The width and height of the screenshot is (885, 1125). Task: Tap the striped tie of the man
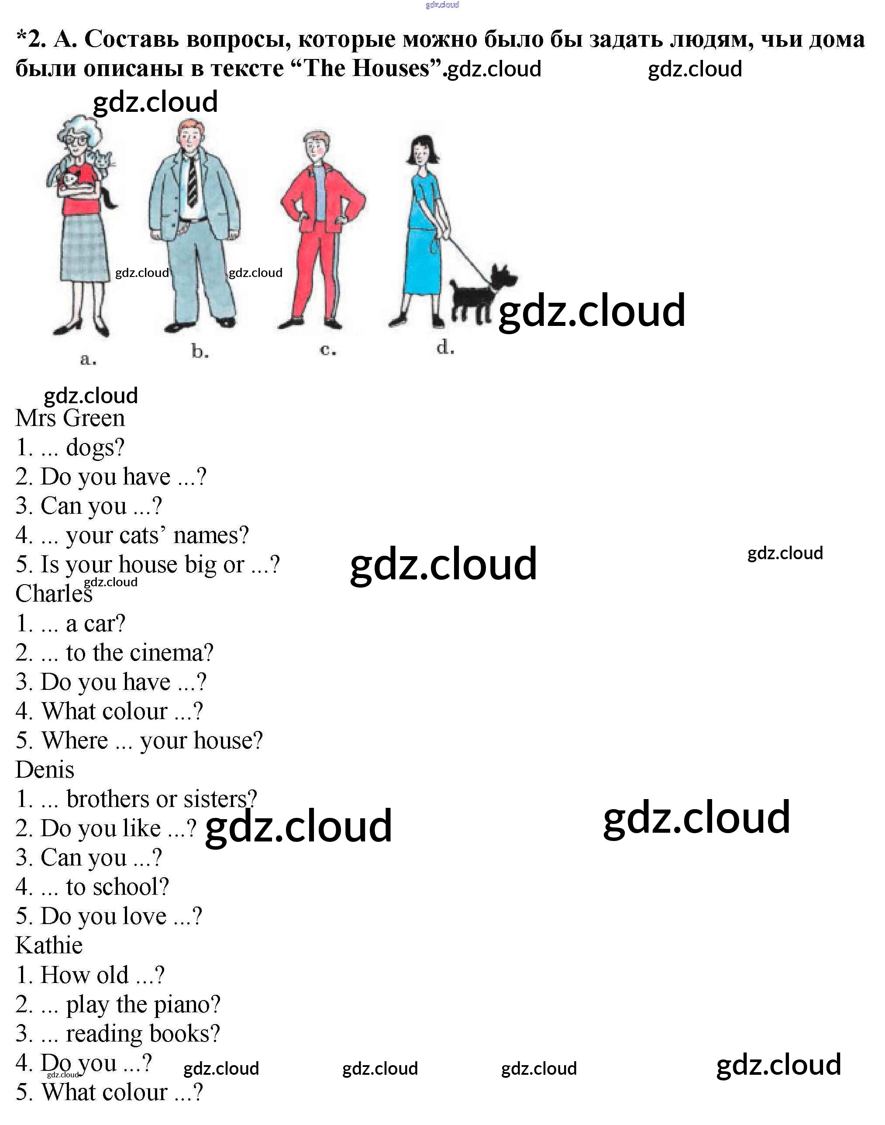click(192, 181)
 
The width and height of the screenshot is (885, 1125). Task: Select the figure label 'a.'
click(88, 359)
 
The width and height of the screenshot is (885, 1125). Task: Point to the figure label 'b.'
click(200, 352)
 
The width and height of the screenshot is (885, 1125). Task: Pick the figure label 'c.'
click(327, 350)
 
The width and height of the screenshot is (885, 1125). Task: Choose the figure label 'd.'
click(444, 347)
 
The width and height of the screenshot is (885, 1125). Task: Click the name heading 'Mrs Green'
click(70, 418)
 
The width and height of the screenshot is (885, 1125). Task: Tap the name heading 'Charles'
click(54, 594)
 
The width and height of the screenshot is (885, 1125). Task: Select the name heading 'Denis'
click(45, 769)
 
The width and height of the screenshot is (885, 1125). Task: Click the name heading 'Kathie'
click(49, 945)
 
